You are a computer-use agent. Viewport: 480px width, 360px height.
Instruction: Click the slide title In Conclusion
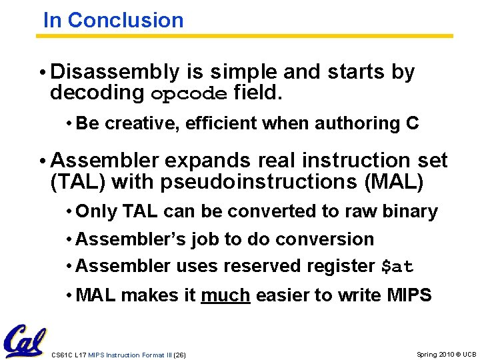(113, 20)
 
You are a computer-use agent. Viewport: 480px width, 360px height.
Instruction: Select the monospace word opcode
(190, 93)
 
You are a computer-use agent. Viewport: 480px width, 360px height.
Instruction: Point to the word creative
(133, 123)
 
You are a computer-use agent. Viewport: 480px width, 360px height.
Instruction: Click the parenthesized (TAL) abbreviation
(78, 181)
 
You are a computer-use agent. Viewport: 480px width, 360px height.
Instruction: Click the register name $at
(397, 267)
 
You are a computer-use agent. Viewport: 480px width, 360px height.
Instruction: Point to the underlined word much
(225, 295)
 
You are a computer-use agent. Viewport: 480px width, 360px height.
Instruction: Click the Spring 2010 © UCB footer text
(446, 354)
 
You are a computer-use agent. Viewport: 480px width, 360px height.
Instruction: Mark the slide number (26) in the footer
(179, 355)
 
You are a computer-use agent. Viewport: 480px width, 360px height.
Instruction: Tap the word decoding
(97, 93)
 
